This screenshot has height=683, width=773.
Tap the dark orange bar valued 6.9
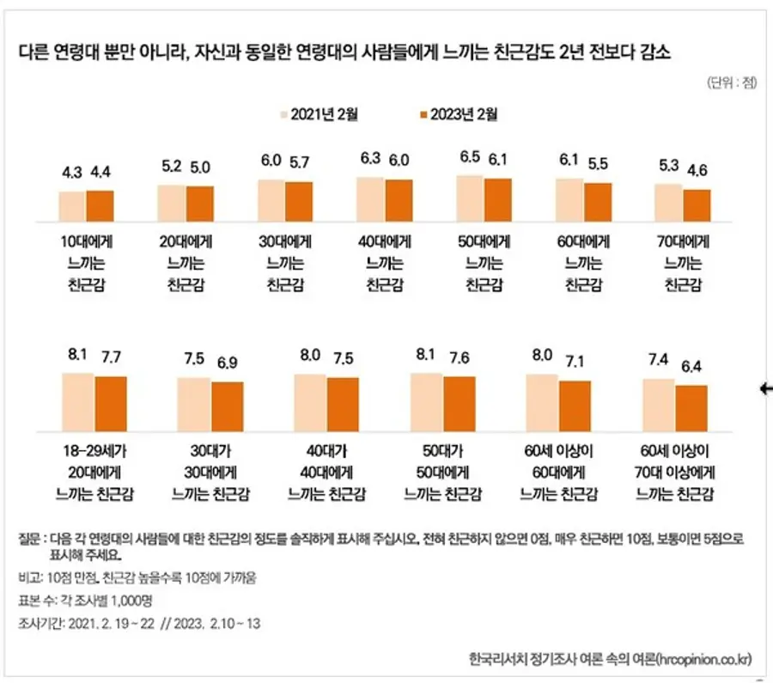pos(228,403)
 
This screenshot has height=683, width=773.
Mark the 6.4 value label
pos(691,369)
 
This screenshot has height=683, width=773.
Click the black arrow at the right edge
pos(766,389)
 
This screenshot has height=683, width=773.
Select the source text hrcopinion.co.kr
pos(703,659)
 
